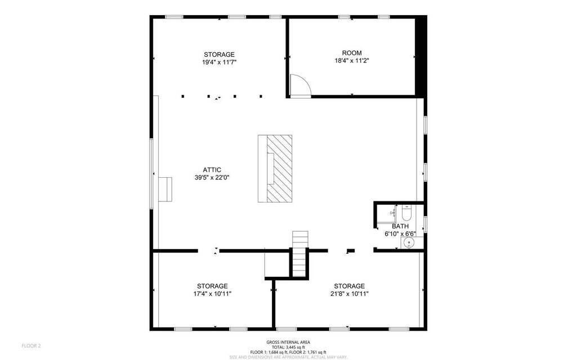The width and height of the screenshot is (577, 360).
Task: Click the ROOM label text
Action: [352, 53]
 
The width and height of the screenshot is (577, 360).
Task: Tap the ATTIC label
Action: [212, 170]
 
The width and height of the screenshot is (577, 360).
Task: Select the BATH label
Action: [400, 226]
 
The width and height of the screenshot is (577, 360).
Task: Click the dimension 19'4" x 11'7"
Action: [219, 62]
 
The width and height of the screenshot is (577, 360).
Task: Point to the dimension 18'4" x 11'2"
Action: [352, 60]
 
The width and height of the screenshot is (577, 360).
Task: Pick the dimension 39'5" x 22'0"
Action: [212, 177]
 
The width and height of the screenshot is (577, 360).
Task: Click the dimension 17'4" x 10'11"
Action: [212, 293]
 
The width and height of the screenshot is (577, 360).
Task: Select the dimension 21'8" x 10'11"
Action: [349, 293]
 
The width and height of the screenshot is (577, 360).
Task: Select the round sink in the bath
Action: [409, 242]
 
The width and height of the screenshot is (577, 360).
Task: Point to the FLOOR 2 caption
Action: [32, 345]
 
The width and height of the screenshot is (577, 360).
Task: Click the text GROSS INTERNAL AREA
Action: [288, 342]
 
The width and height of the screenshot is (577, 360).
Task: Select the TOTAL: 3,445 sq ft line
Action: [288, 347]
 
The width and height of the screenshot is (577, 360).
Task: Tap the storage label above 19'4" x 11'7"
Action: [219, 55]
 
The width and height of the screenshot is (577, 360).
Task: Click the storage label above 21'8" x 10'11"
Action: [349, 286]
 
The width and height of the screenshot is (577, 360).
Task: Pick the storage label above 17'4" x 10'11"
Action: [212, 286]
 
